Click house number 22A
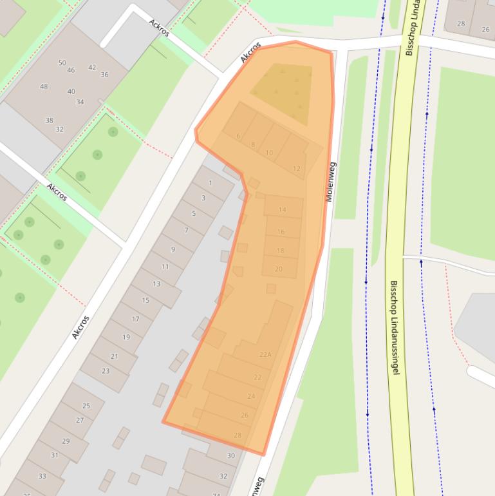click(x=265, y=354)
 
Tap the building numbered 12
click(x=297, y=169)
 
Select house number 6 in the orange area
click(x=238, y=136)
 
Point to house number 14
click(x=282, y=210)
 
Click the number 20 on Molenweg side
click(x=279, y=269)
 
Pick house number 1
click(x=210, y=184)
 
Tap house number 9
click(x=173, y=249)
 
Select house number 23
click(x=106, y=371)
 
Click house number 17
click(x=135, y=319)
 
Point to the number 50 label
click(x=62, y=62)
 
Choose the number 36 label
click(x=104, y=74)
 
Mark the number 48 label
click(x=44, y=86)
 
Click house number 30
click(x=231, y=455)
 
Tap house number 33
click(x=42, y=476)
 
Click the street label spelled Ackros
click(x=159, y=28)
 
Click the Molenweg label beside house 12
click(x=331, y=182)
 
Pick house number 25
click(x=86, y=406)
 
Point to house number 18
click(x=280, y=251)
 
